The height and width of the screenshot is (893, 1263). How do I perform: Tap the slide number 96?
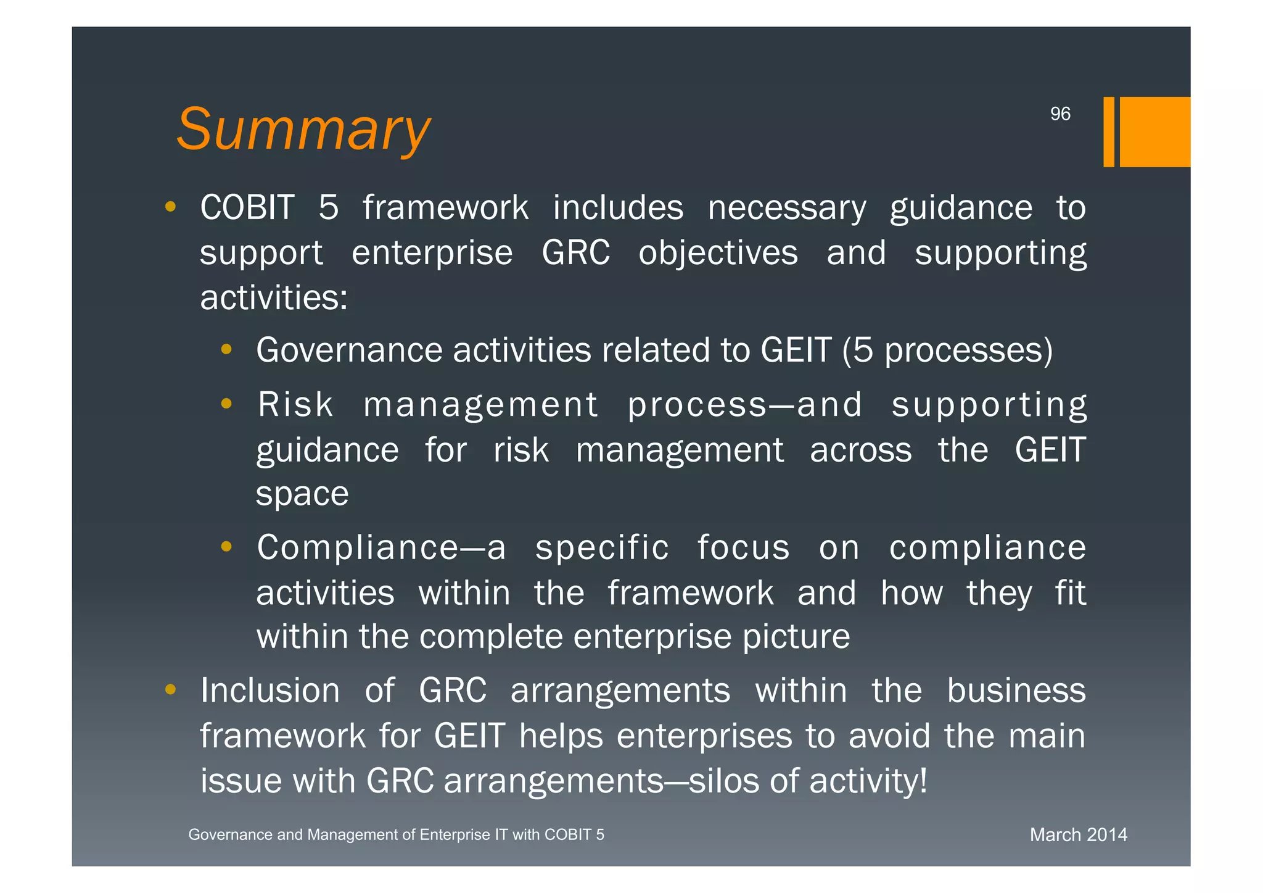click(1060, 114)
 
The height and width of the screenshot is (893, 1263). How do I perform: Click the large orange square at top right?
click(1154, 131)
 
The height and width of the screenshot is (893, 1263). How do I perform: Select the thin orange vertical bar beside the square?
click(1109, 131)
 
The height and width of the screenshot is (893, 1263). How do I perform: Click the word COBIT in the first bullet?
click(247, 207)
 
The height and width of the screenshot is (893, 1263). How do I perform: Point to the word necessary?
click(787, 207)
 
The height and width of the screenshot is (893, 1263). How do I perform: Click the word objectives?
click(718, 252)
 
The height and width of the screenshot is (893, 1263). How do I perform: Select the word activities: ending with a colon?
click(274, 297)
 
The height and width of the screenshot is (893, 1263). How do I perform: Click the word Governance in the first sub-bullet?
click(349, 350)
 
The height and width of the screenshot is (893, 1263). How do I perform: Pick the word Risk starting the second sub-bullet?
click(295, 405)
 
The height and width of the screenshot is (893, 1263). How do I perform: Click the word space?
click(302, 494)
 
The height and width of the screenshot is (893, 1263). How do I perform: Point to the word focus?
click(743, 547)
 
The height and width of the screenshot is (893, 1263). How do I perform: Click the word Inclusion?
click(270, 690)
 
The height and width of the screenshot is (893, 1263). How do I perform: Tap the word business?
click(1016, 690)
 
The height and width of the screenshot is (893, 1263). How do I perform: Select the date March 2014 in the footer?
click(1078, 835)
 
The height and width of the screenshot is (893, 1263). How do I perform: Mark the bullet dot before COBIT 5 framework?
click(171, 206)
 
